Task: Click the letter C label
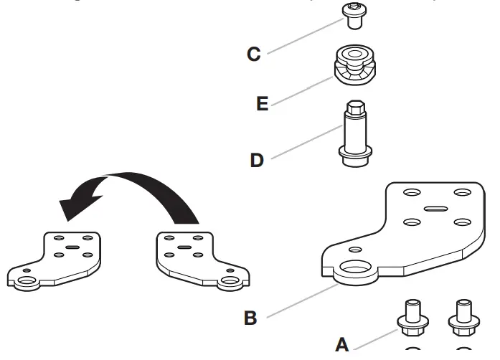(254, 54)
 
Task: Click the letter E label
(262, 105)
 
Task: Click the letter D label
(257, 159)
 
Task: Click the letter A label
(342, 345)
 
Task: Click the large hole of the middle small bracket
(230, 280)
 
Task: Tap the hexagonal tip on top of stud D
(354, 110)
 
